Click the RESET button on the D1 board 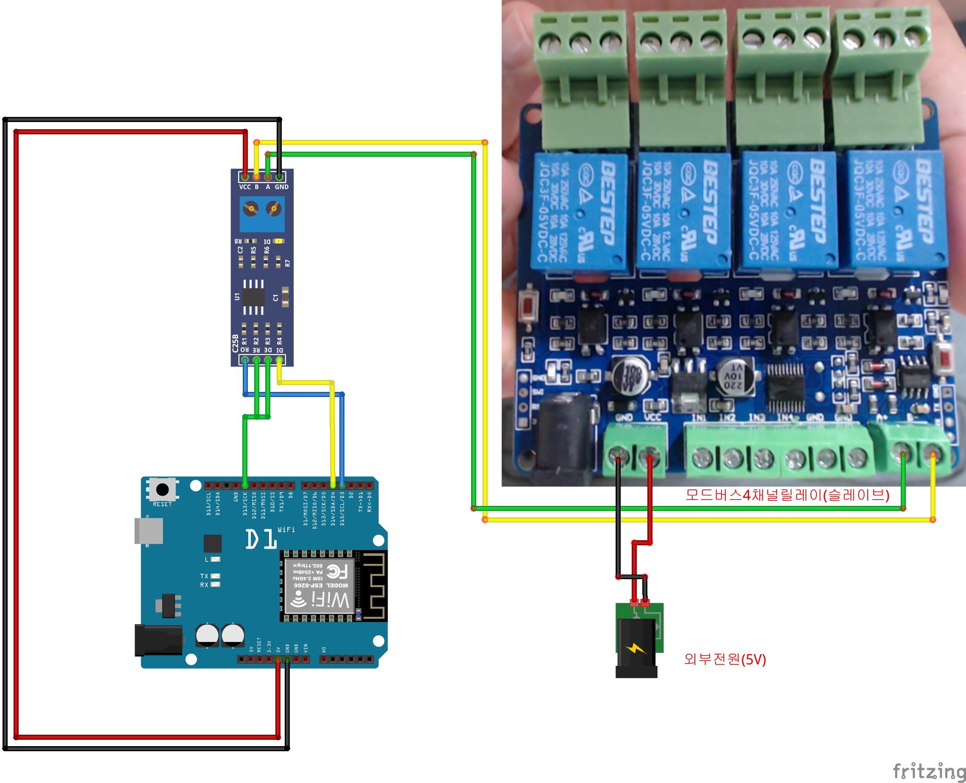tap(162, 489)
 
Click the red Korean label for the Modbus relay tap(787, 495)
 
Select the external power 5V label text tap(725, 659)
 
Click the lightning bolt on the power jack tap(636, 649)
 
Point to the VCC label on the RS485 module tap(245, 187)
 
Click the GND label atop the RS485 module tap(281, 187)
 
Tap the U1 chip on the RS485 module tap(253, 297)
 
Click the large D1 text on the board tap(261, 539)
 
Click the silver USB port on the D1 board tap(149, 531)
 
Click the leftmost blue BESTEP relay tap(580, 211)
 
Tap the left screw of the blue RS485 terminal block tap(251, 209)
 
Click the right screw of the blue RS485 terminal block tap(273, 209)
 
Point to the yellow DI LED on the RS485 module tap(279, 242)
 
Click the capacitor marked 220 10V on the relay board tap(734, 377)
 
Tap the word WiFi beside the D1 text tap(286, 530)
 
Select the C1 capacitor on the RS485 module tap(285, 297)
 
